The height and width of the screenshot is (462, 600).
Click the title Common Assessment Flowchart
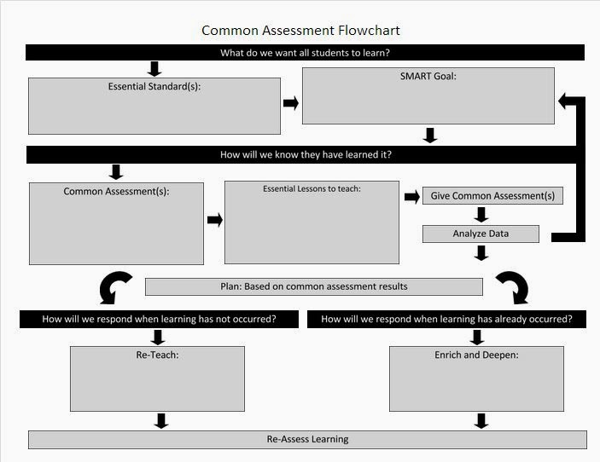point(300,31)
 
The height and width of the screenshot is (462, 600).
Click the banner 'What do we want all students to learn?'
point(305,53)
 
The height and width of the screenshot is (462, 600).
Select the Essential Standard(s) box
point(154,106)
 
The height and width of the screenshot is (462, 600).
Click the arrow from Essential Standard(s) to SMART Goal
point(291,103)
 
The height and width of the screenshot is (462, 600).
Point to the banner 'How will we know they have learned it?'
point(305,155)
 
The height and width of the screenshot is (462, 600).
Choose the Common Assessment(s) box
point(116,223)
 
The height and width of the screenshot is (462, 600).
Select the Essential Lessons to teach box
point(312,222)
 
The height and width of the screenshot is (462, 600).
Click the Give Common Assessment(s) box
point(492,196)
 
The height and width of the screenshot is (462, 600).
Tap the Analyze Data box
point(481,234)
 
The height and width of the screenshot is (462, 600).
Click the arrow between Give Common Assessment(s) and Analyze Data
point(481,215)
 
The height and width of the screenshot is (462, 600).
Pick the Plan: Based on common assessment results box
point(313,286)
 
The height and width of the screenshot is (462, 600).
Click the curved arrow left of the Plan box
point(115,288)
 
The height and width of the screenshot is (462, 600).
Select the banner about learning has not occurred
point(160,320)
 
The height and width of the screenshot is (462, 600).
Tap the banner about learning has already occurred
point(446,320)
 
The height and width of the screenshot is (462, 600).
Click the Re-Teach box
point(157,378)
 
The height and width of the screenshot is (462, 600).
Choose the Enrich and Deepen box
point(476,378)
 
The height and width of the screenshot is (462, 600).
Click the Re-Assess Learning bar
point(307,440)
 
